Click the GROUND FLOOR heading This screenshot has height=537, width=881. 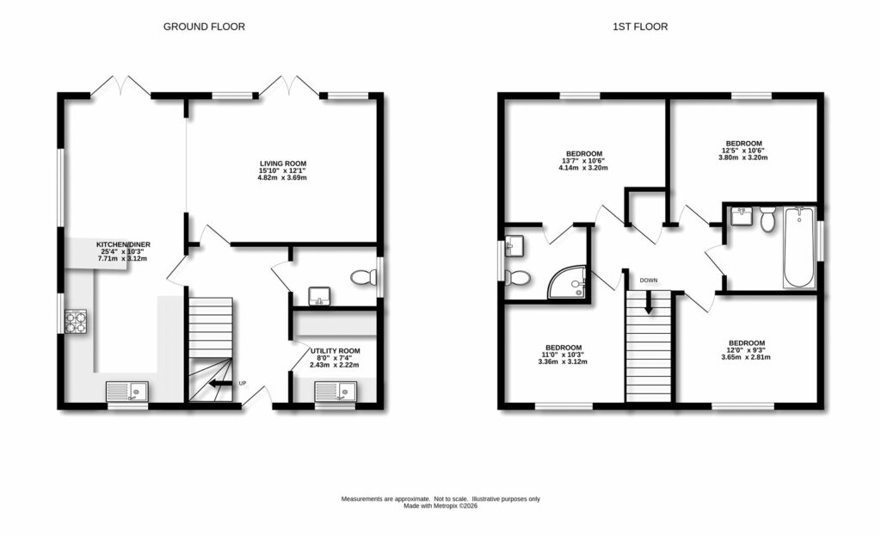point(204,27)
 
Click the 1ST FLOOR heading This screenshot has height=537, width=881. point(639,27)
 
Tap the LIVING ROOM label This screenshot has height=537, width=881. point(283,164)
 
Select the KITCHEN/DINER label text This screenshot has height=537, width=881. point(123,245)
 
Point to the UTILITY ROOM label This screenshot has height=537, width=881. point(335,351)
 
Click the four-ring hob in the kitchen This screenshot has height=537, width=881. point(75,321)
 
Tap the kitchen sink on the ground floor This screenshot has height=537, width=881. point(127,392)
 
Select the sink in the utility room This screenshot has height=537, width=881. point(336,392)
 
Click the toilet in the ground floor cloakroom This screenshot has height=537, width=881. point(365,277)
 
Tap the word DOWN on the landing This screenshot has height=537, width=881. point(648,281)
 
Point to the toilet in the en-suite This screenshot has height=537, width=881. point(518,277)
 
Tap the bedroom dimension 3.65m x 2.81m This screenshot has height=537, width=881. point(743,357)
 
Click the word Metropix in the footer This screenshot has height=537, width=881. point(447,506)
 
